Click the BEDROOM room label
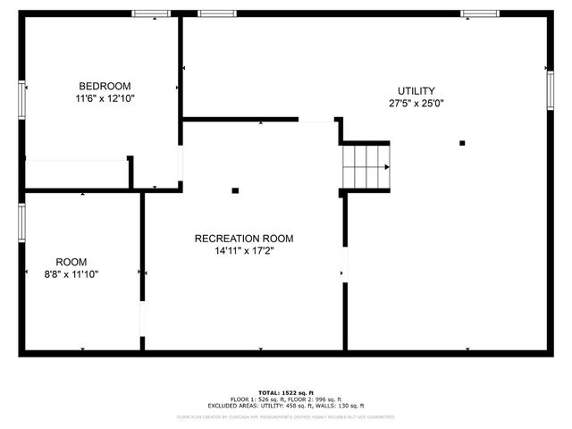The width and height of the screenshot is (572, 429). coord(105,86)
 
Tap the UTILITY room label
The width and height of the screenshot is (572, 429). coord(416,90)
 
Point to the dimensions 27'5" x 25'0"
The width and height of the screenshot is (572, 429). coord(416,103)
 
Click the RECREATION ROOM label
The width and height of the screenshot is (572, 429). coord(243,239)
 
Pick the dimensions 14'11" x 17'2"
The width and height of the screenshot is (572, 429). coord(243,251)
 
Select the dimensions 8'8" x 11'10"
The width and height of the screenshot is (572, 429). coord(71,274)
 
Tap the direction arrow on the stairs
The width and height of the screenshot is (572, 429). coord(385,166)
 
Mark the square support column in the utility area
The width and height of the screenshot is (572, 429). coord(462,143)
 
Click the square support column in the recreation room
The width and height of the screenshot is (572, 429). coord(235,189)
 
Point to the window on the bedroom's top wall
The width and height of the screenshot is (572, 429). coord(151,13)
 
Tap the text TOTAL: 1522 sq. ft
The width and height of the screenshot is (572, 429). coord(287,392)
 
